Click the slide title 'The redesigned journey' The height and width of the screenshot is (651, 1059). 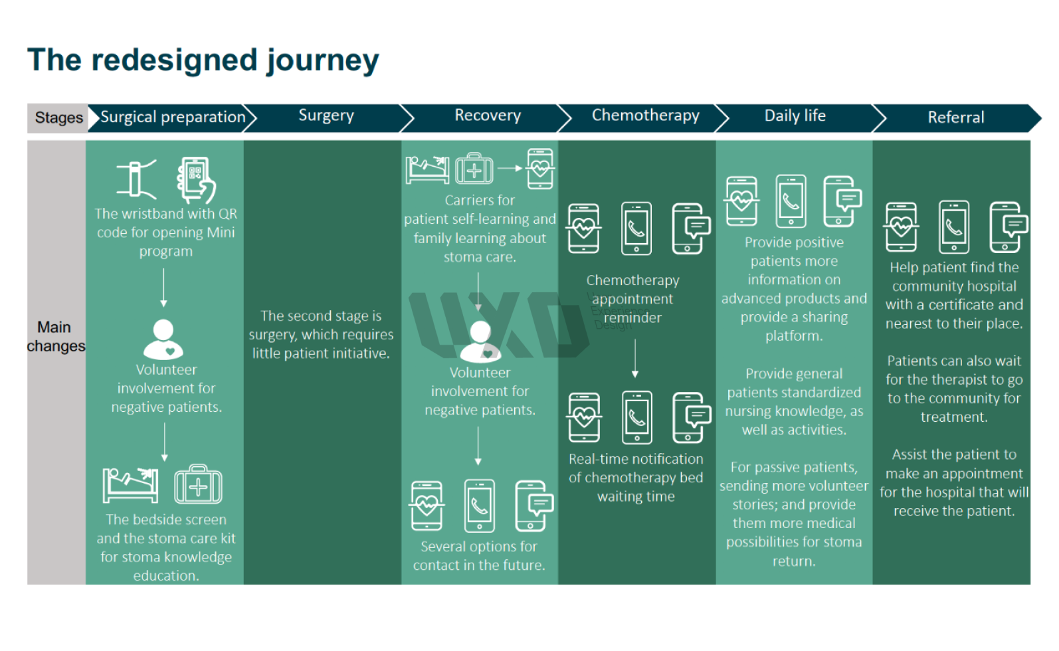pos(203,60)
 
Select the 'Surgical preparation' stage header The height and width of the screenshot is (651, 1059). pos(173,117)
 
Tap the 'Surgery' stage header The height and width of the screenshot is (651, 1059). pos(326,116)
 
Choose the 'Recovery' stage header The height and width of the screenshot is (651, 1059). pos(488,116)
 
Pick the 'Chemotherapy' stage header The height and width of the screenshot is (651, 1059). pos(645,116)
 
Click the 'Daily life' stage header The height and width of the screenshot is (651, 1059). pos(795,116)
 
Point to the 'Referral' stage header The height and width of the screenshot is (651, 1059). pos(956,117)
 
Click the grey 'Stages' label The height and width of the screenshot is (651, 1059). pos(58,117)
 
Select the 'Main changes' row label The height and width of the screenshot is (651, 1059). pos(56,336)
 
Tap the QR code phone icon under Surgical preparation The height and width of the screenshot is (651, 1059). pos(196,179)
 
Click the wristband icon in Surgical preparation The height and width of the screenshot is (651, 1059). pos(136,178)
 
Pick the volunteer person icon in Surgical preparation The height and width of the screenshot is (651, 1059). pos(163,339)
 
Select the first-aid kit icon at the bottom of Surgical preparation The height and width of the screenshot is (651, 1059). pos(198,484)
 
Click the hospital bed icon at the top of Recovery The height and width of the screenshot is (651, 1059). pos(427,169)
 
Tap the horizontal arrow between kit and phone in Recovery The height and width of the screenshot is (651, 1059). pos(511,168)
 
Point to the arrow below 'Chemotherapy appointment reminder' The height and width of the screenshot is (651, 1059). pos(635,358)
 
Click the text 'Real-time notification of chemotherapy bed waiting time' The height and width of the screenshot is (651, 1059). pos(636,478)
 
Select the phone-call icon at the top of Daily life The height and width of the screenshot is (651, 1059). pos(791,201)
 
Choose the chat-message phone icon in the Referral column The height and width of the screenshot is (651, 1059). pos(1007,227)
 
